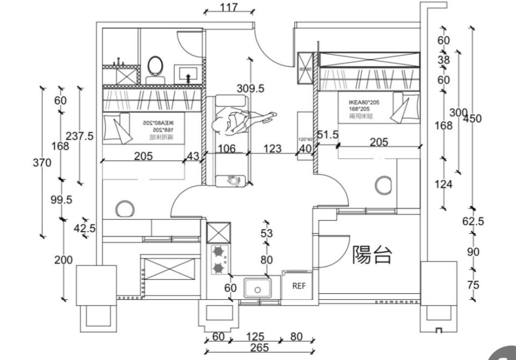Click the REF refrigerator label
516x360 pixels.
point(298,286)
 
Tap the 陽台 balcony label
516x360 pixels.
point(371,255)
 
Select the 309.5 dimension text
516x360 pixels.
point(250,89)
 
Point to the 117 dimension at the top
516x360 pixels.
point(229,8)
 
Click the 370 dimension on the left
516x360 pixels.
point(41,162)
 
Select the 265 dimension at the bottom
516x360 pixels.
point(259,348)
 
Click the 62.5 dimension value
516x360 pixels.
point(473,221)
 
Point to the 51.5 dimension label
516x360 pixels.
point(327,135)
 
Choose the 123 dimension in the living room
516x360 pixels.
point(273,148)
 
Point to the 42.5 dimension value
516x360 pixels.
point(84,228)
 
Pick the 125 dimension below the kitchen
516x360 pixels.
point(255,337)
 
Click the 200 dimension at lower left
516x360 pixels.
point(63,260)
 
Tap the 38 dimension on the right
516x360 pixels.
point(443,60)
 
